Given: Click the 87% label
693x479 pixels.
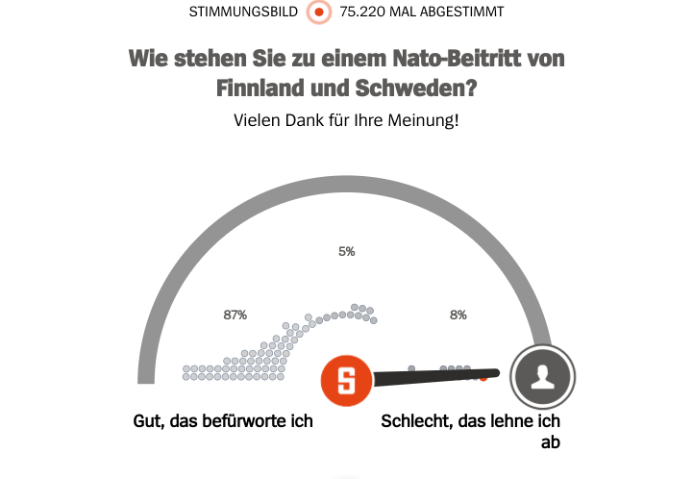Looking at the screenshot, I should coord(235,315).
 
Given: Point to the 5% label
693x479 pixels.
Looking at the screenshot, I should coord(347,252).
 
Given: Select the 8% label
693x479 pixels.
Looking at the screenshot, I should coord(458,315).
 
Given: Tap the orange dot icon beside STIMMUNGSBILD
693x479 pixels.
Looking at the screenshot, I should coord(319,13).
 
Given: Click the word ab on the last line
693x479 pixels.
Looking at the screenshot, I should coord(550,442).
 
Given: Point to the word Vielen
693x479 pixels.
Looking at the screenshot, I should coord(256,121).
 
